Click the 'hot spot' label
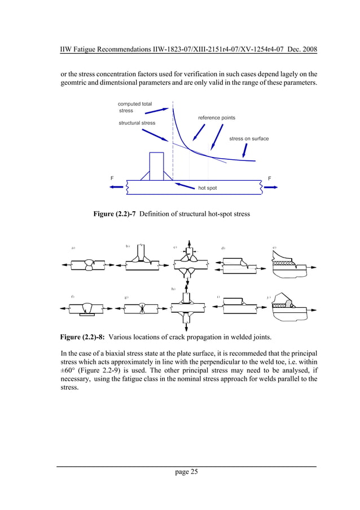(207, 188)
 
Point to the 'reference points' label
(216, 117)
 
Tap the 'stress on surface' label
(249, 138)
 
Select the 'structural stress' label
(137, 123)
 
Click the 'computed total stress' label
(134, 107)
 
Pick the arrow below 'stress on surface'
(244, 150)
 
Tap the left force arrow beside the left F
(117, 187)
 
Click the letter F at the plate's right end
(270, 178)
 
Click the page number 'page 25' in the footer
(186, 472)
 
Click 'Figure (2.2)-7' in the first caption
(115, 214)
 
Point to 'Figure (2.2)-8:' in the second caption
(82, 338)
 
